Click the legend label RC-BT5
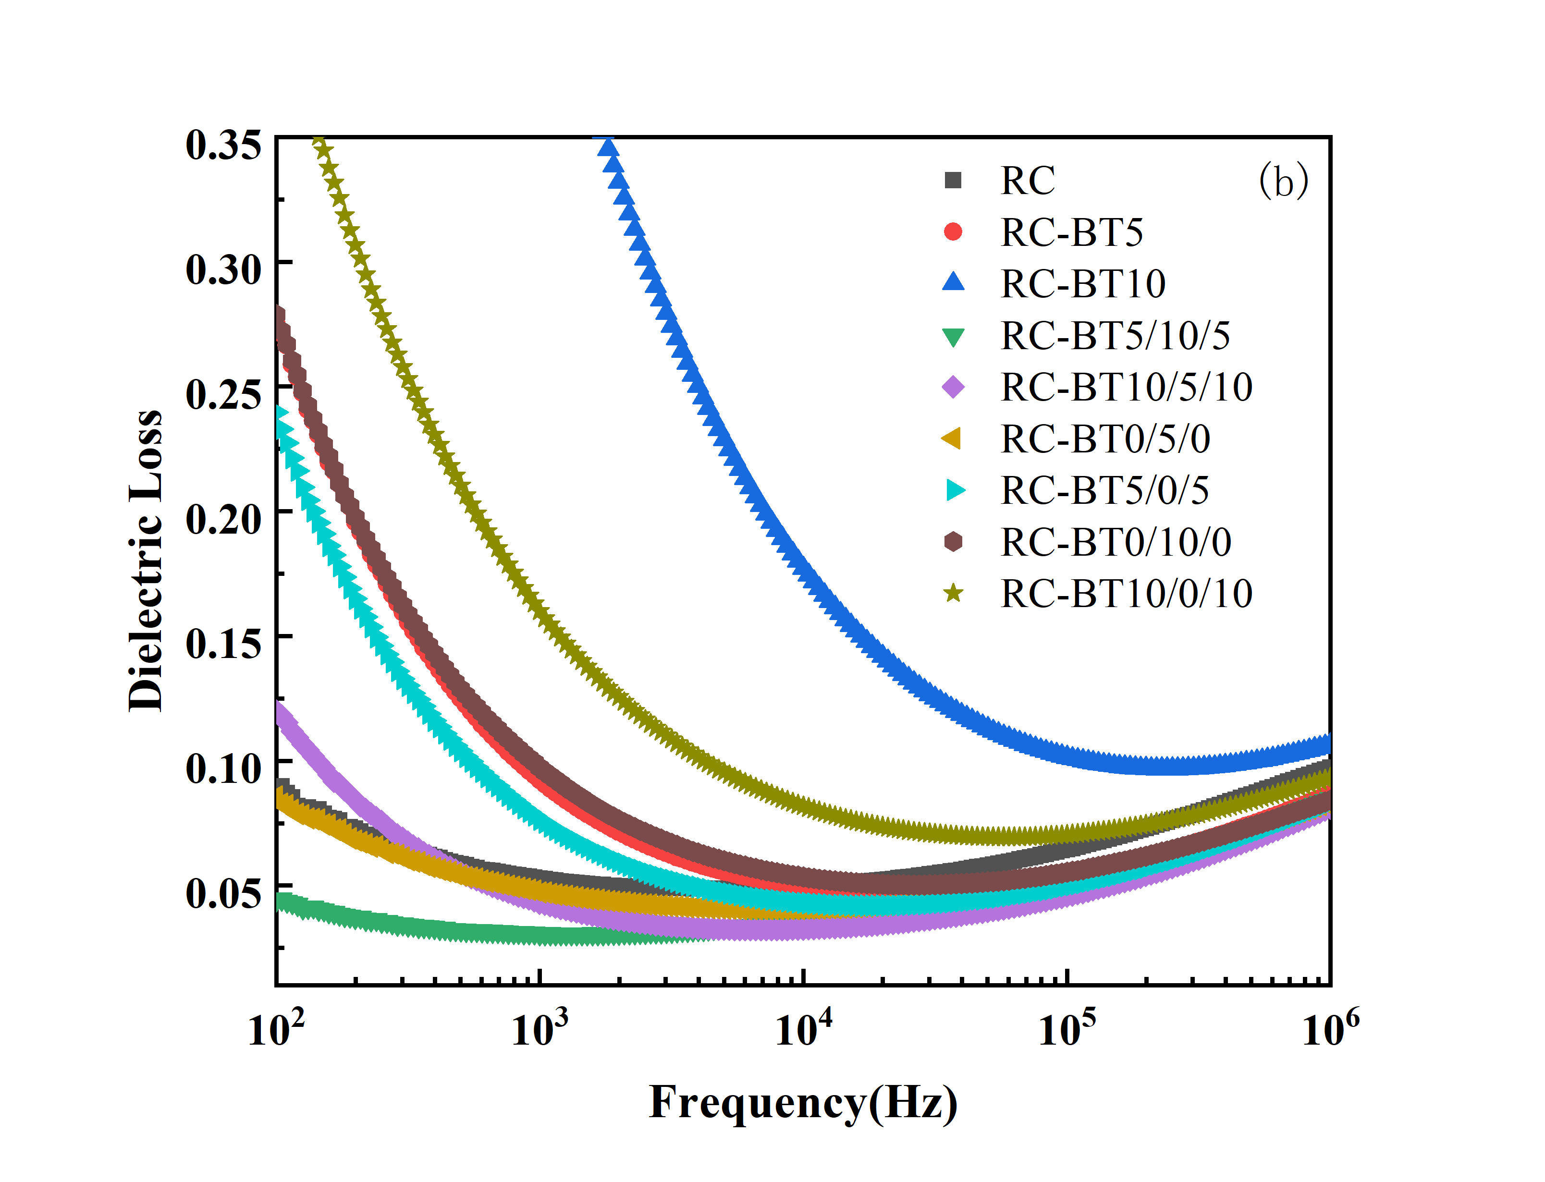1071,232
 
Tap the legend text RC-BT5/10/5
1115,336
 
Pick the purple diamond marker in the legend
953,387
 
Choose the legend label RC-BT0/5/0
1105,439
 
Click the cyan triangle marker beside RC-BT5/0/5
955,490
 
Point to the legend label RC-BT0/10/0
1116,542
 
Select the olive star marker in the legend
953,593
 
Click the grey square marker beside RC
953,180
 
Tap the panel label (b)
1283,181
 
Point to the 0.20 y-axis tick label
223,519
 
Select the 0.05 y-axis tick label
223,893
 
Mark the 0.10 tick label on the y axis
223,768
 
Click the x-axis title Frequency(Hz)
803,1102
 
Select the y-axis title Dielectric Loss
146,561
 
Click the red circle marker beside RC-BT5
953,232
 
